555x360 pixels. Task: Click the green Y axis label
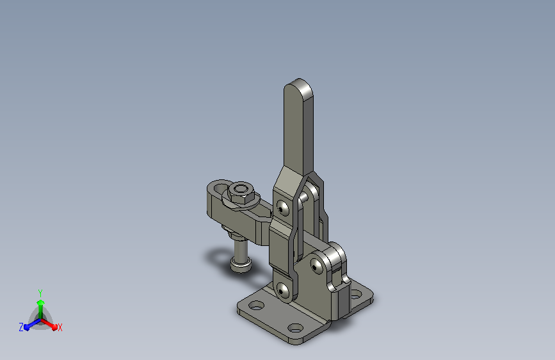click(40, 293)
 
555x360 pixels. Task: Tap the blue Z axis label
click(21, 327)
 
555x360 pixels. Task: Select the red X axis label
click(60, 327)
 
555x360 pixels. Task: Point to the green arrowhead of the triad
click(40, 302)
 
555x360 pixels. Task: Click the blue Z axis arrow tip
click(27, 328)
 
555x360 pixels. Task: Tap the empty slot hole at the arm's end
click(220, 188)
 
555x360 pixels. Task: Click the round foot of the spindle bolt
click(241, 265)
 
